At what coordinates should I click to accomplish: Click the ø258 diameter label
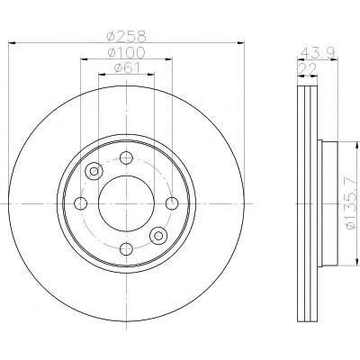(x=127, y=37)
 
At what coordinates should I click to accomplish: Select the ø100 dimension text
(x=126, y=53)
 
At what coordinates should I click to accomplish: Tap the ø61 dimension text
(x=127, y=68)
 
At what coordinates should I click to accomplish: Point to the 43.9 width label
(x=318, y=53)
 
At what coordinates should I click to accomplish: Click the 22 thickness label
(x=307, y=69)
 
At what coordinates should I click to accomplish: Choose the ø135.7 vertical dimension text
(x=352, y=203)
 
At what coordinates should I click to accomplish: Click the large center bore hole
(x=126, y=203)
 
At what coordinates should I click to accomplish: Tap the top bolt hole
(x=126, y=157)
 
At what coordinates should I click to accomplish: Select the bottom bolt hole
(x=126, y=248)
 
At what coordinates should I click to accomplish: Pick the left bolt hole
(x=80, y=203)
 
